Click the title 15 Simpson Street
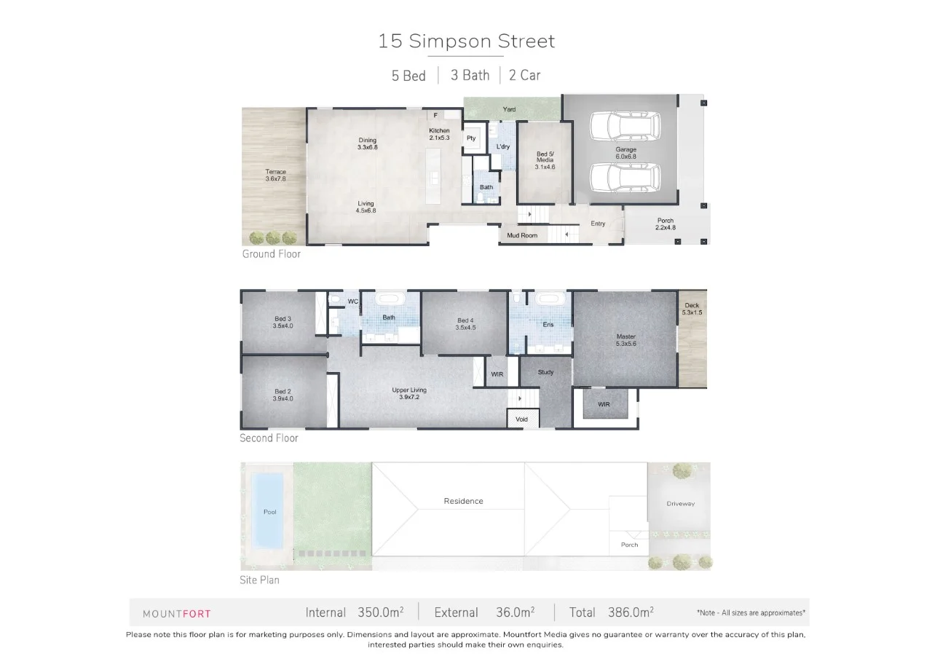pyautogui.click(x=466, y=41)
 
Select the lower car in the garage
pyautogui.click(x=624, y=177)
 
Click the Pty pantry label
pyautogui.click(x=471, y=138)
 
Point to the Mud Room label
pyautogui.click(x=523, y=236)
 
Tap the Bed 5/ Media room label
pyautogui.click(x=545, y=160)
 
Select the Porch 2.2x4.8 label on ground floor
pyautogui.click(x=665, y=224)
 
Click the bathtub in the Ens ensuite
pyautogui.click(x=546, y=299)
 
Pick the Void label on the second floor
pyautogui.click(x=521, y=419)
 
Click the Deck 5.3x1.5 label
pyautogui.click(x=692, y=309)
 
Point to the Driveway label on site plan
pyautogui.click(x=680, y=504)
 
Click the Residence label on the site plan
pyautogui.click(x=463, y=501)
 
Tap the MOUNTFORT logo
pyautogui.click(x=176, y=614)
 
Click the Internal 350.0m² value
pyautogui.click(x=381, y=612)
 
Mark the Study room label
pyautogui.click(x=545, y=372)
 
